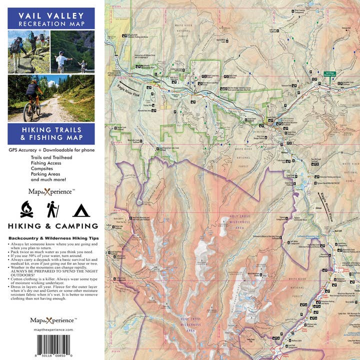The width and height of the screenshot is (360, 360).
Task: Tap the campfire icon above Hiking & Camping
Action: point(26,209)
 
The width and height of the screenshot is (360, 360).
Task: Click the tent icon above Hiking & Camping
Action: point(80,210)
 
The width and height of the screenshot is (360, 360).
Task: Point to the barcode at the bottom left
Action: point(51,345)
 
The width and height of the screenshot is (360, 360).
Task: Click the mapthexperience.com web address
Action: point(51,330)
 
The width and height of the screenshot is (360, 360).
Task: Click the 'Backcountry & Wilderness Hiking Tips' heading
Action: point(51,238)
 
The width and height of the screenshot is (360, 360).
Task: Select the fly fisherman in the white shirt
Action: point(61,60)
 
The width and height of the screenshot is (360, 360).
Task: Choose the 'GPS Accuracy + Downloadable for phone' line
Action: point(51,149)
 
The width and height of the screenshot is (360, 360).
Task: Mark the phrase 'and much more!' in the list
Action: point(48,179)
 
